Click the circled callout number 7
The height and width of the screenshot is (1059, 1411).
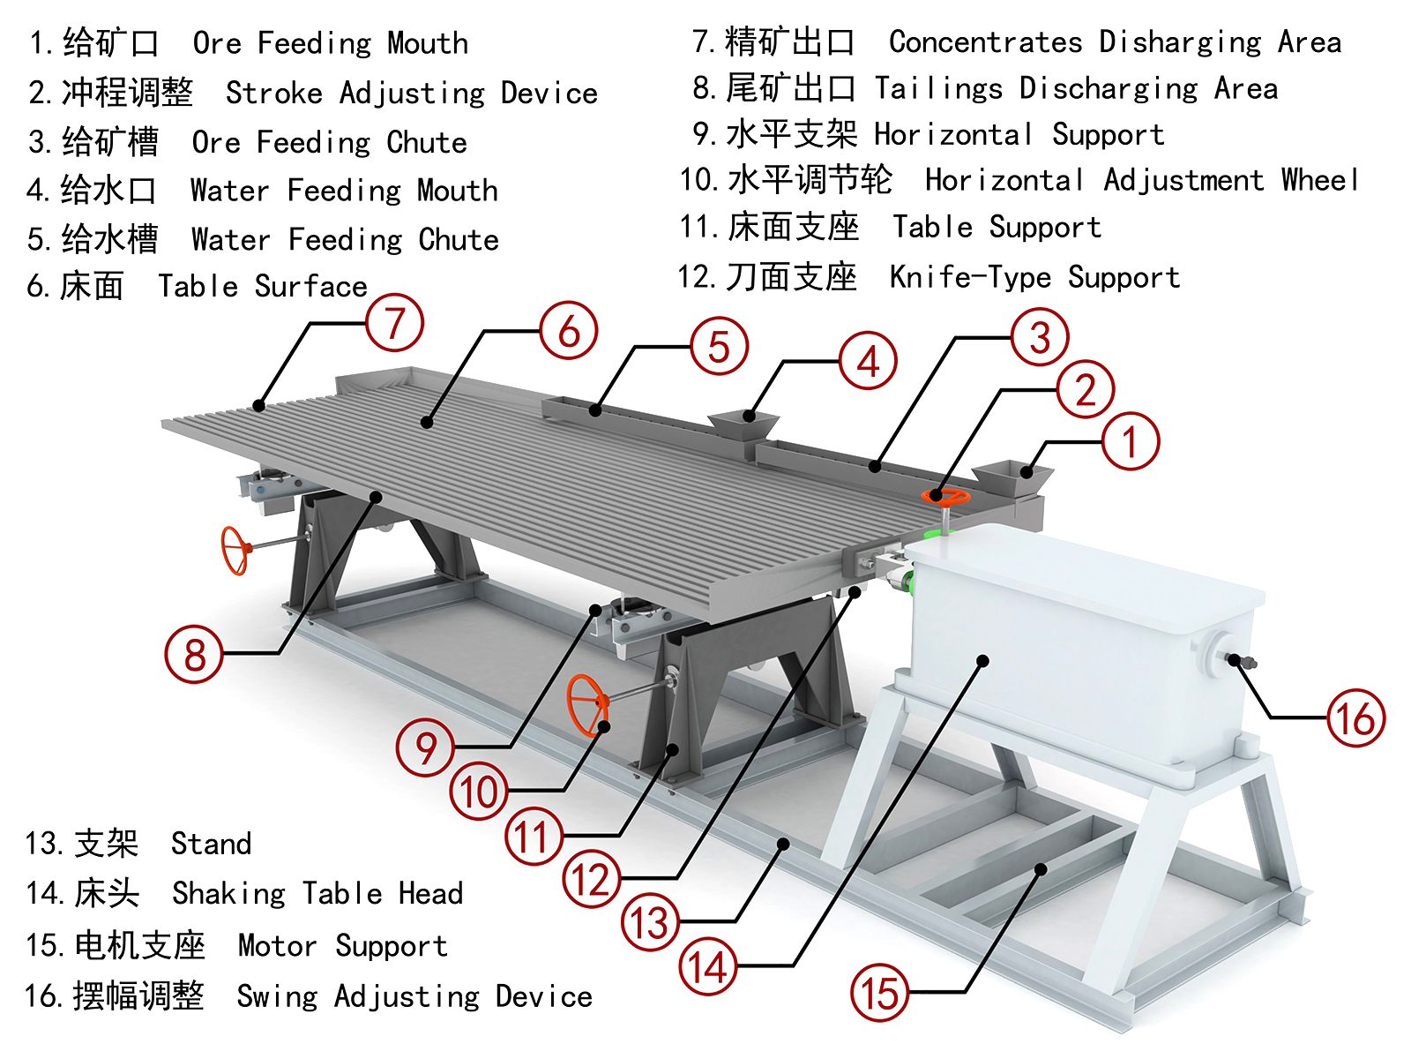tap(394, 323)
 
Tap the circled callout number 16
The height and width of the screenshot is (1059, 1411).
tap(1356, 718)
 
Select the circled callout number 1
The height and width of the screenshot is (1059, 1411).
tap(1131, 441)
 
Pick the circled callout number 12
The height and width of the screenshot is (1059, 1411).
tap(591, 880)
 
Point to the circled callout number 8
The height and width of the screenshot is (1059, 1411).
tap(194, 654)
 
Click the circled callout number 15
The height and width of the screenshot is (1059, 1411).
tap(879, 994)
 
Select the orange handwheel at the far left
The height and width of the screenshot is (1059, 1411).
tap(235, 551)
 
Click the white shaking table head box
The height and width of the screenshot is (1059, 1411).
tap(1076, 644)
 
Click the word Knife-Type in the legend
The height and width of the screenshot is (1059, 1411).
tap(970, 278)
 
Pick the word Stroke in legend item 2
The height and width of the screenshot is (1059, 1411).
tap(274, 93)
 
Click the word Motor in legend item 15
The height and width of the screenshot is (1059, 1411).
tap(277, 946)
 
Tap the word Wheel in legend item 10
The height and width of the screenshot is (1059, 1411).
tap(1319, 180)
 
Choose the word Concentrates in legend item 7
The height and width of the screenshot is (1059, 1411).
tap(985, 41)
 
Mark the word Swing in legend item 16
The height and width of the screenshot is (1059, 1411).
tap(276, 996)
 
